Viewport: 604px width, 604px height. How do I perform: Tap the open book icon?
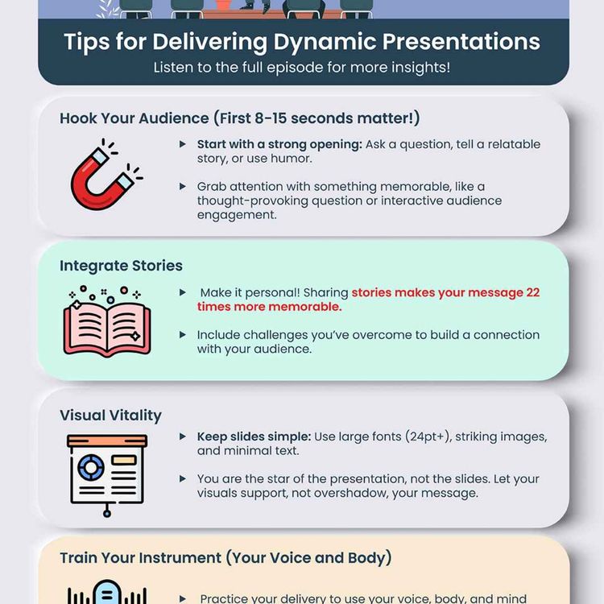pos(106,321)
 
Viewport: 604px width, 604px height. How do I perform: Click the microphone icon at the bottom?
pos(106,594)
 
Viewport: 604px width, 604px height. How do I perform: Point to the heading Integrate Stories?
pos(121,266)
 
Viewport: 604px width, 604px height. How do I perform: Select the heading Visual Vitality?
pos(110,416)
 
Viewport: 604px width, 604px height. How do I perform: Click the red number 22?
pos(531,292)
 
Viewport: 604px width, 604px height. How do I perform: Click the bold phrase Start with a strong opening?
pos(279,144)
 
